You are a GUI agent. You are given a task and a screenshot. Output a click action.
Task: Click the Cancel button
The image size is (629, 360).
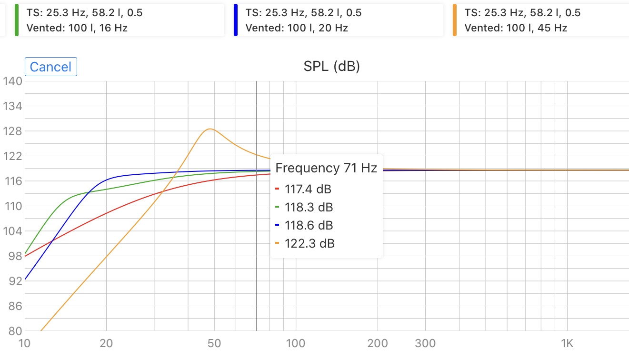coord(50,67)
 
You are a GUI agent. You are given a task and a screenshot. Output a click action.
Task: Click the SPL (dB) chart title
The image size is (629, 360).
coord(331,67)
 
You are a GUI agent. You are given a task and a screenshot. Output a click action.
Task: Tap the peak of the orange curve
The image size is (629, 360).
coord(210,129)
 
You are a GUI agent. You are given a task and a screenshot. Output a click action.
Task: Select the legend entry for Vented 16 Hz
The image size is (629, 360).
coord(119,20)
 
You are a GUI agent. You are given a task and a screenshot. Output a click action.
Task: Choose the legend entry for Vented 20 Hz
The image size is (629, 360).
coord(338,20)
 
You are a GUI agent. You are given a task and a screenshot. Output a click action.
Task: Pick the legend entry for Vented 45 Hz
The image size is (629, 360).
coord(540,20)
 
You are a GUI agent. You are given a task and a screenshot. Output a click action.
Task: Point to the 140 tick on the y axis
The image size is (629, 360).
coord(12,81)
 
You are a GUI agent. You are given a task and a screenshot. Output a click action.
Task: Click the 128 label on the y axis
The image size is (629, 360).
coord(12,131)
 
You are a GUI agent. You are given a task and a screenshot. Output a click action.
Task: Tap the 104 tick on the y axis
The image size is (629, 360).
coord(12,231)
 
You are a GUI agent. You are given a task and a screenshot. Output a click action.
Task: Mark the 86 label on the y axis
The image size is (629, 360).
coord(12,306)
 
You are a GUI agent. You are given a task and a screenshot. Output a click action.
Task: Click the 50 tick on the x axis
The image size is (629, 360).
coord(214,343)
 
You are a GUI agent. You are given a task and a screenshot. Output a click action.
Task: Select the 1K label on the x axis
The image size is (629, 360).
coord(567,343)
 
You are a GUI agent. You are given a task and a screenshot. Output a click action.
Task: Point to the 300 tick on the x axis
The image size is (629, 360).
coord(426,343)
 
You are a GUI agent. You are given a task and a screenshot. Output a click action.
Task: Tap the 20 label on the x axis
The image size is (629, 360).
coord(106,343)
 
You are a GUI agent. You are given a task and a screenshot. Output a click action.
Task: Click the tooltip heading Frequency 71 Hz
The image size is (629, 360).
coord(326,168)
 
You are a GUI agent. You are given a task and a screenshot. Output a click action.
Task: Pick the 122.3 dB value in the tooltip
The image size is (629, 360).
coord(310,244)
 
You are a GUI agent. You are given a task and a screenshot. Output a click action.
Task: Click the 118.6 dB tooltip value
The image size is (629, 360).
coord(309,226)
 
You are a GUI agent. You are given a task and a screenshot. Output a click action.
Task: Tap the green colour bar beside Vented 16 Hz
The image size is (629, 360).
coord(17,20)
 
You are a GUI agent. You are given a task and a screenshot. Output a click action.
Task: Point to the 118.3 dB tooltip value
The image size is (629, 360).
coord(309,208)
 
